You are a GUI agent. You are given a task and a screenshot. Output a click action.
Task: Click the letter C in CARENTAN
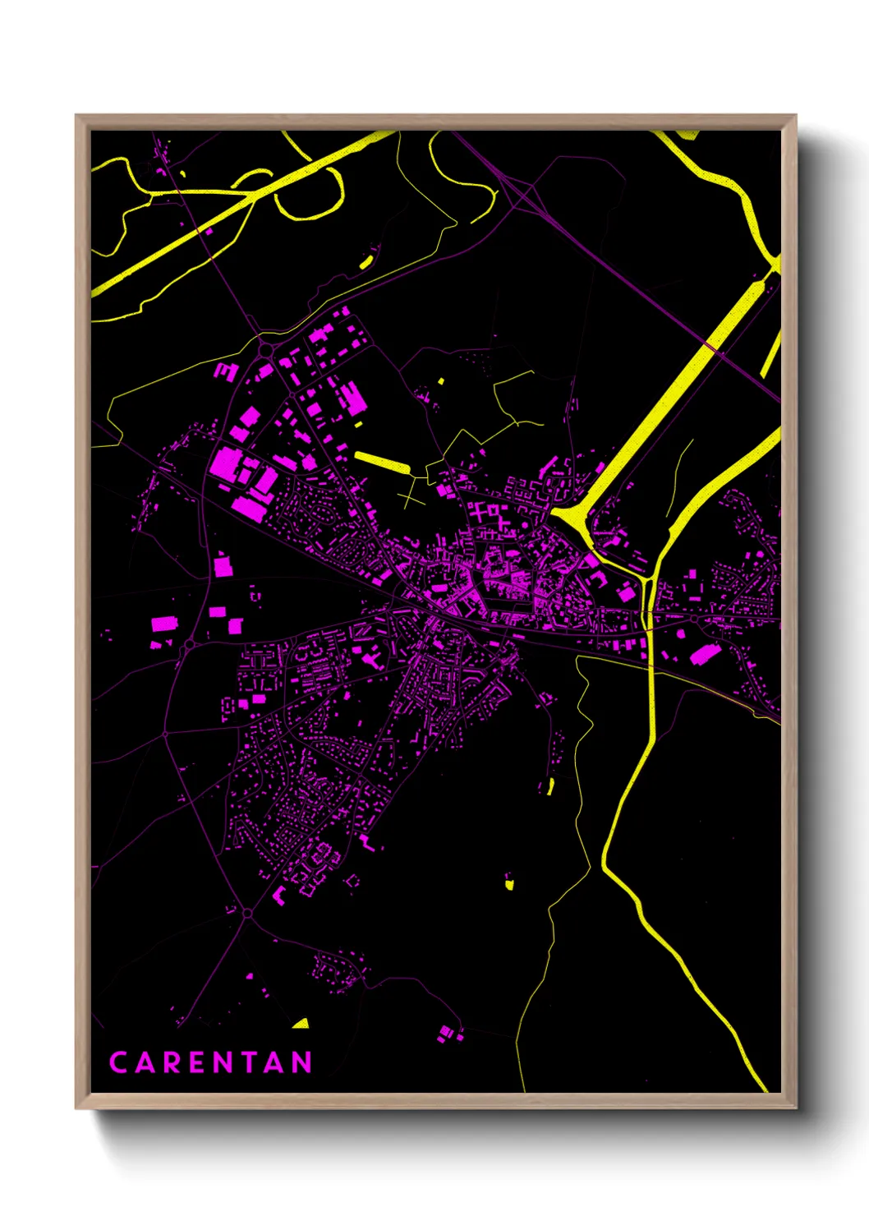[x=118, y=1062]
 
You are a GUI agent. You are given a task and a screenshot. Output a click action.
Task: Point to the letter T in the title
[x=250, y=1062]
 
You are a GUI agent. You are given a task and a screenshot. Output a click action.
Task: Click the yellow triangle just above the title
[x=301, y=1024]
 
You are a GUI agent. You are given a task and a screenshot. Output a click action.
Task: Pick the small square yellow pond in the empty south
[x=508, y=884]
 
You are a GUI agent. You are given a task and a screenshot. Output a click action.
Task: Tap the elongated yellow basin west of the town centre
[x=381, y=461]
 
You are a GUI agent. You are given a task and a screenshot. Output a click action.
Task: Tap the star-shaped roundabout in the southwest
[x=247, y=913]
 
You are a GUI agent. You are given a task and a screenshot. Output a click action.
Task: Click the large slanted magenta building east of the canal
[x=705, y=654]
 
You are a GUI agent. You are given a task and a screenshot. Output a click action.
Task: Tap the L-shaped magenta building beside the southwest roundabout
[x=278, y=895]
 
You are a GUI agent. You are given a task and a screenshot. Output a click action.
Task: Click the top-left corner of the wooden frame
[x=77, y=117]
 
